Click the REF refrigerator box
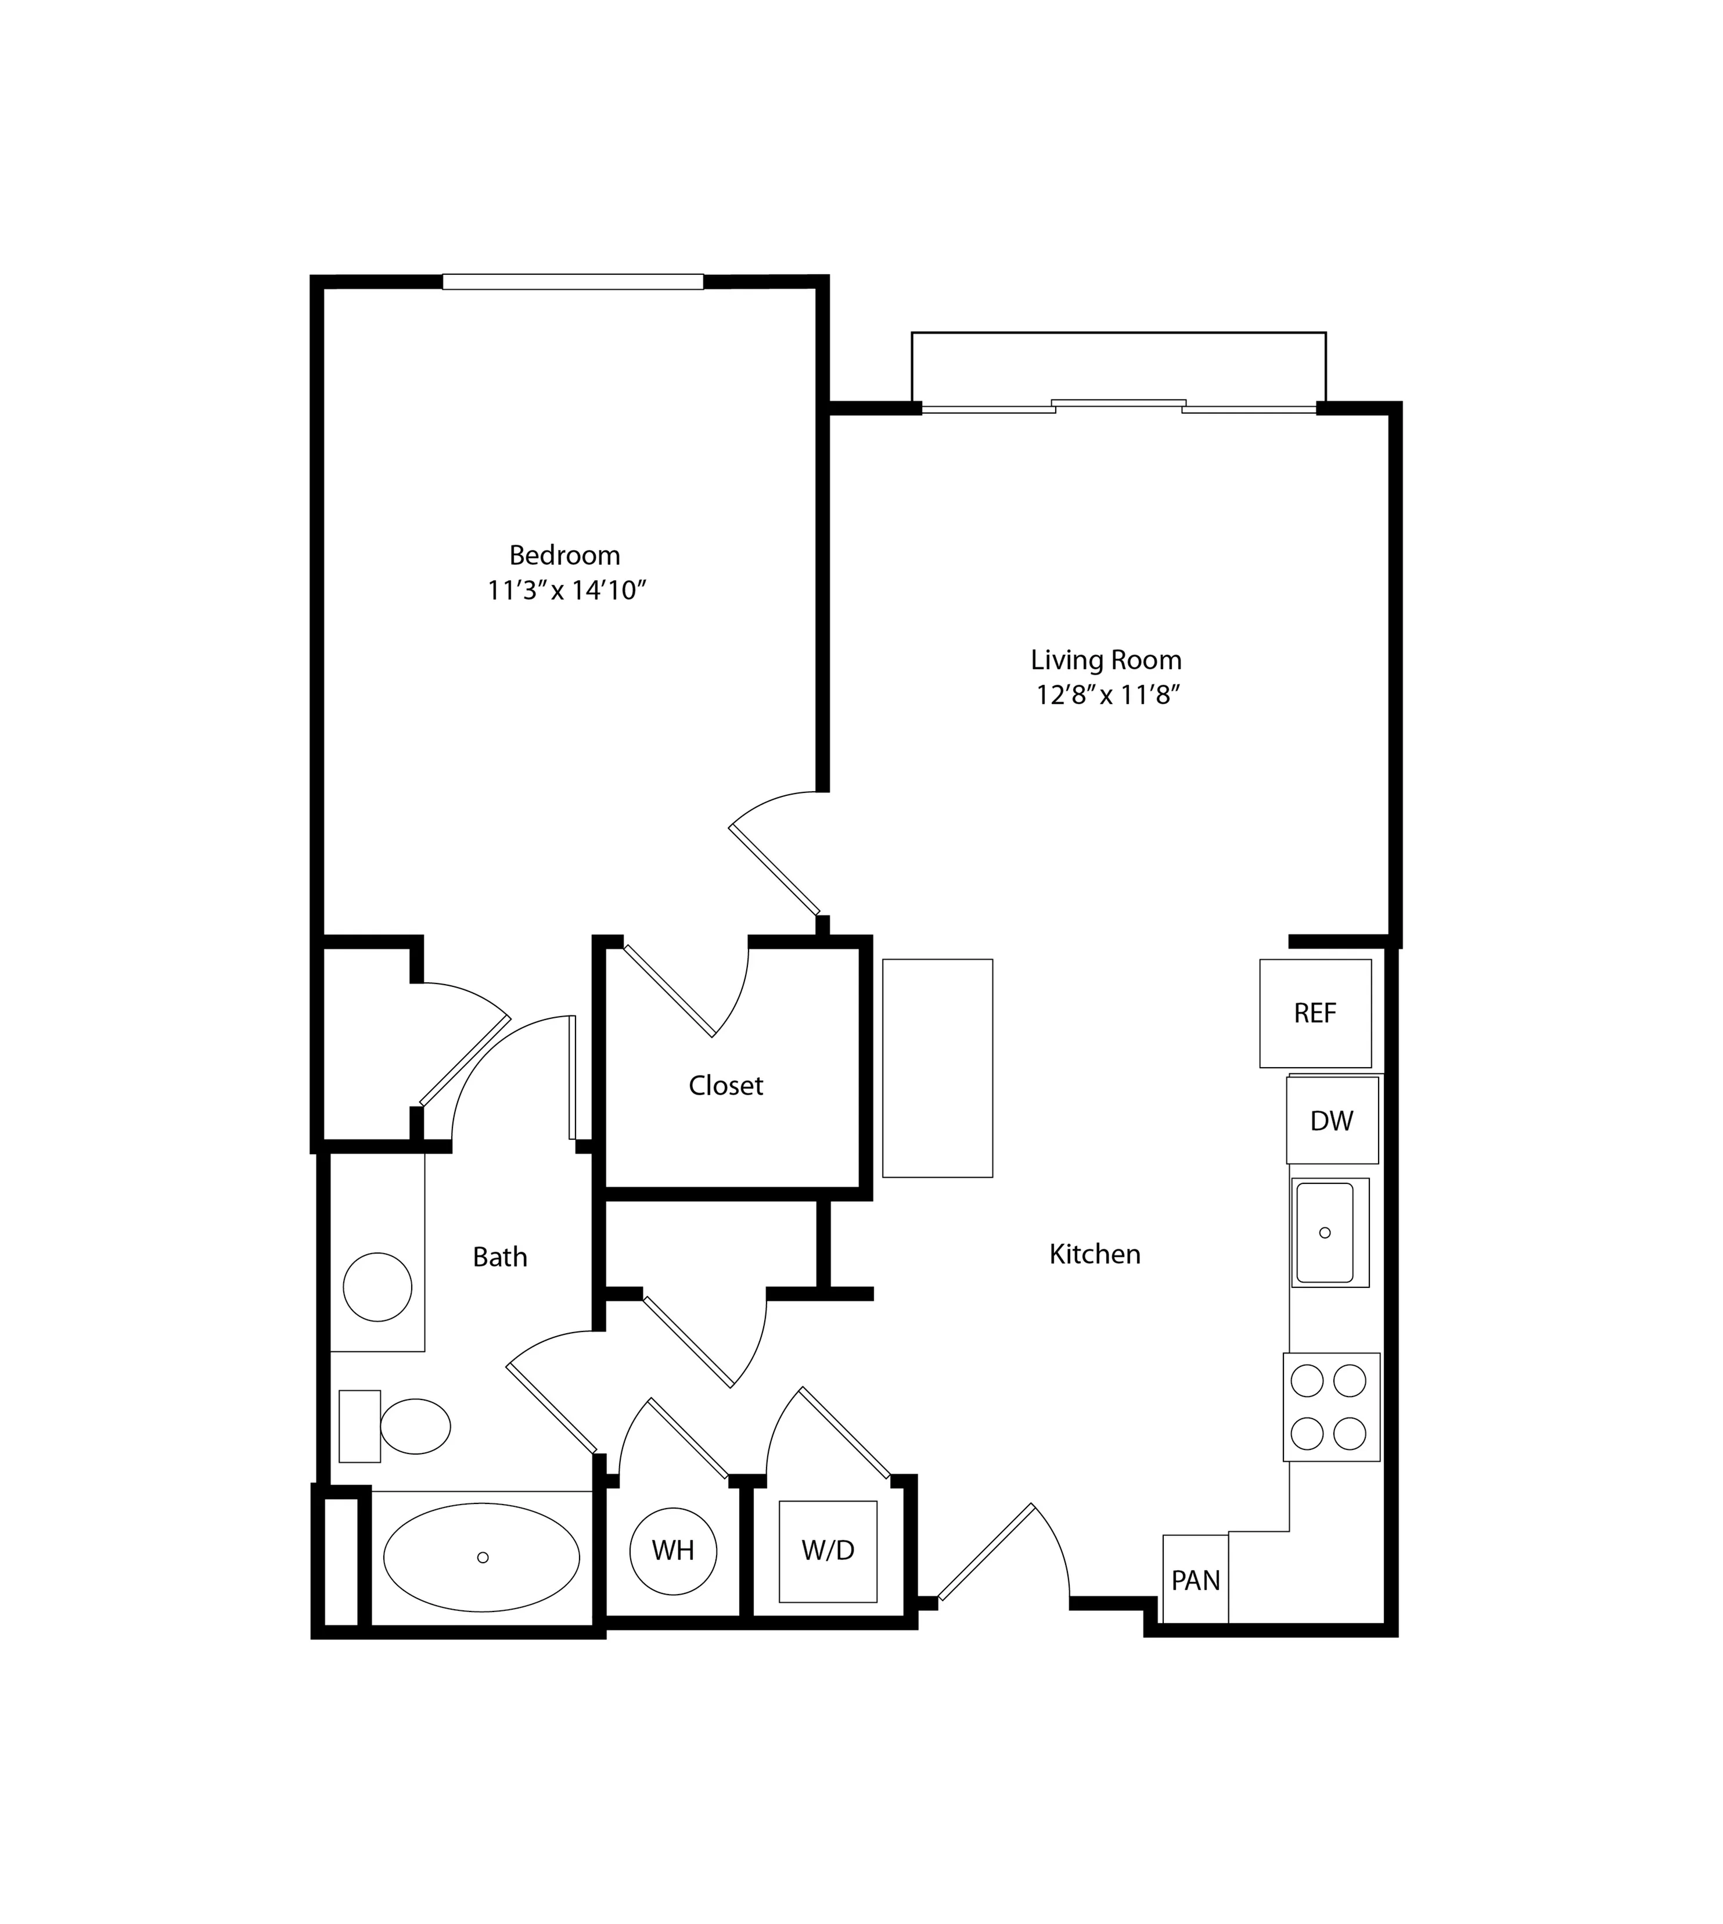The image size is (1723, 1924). (x=1315, y=1013)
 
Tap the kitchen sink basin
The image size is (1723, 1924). (x=1325, y=1232)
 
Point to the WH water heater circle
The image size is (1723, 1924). (x=673, y=1550)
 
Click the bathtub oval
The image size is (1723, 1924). (x=482, y=1557)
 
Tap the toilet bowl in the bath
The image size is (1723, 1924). (x=415, y=1427)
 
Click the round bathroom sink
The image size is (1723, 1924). (x=377, y=1287)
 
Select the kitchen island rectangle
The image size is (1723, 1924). (x=937, y=1068)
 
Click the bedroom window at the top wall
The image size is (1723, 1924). (x=573, y=281)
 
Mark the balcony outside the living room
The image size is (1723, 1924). (x=1118, y=367)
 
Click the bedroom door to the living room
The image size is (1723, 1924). (x=775, y=869)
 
